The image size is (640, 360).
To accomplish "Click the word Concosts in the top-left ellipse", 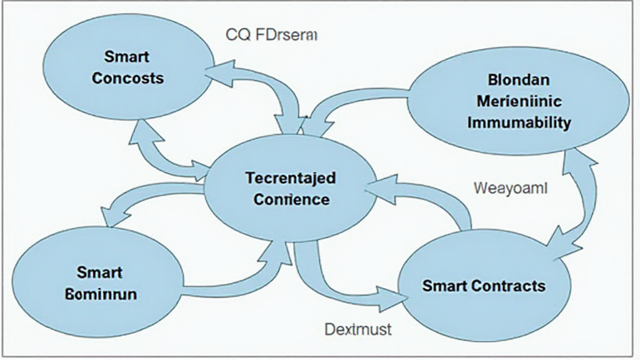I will coord(128,79).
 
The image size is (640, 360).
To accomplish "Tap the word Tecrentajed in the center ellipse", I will coord(291,178).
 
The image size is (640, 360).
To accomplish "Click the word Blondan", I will coord(518,80).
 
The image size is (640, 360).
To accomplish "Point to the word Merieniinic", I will coord(519,101).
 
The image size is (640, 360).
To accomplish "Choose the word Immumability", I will coord(519,122).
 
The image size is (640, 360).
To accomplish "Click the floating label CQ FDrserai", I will coord(272,36).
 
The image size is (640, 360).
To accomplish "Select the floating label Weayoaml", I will coord(510,187).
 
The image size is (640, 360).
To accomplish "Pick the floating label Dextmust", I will coord(358,328).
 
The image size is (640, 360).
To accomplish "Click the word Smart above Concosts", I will coord(127,57).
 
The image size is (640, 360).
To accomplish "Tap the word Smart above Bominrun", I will coord(100,272).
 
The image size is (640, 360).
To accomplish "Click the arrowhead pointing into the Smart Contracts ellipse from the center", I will coord(391,297).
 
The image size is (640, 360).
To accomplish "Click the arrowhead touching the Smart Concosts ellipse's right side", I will coord(216,71).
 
